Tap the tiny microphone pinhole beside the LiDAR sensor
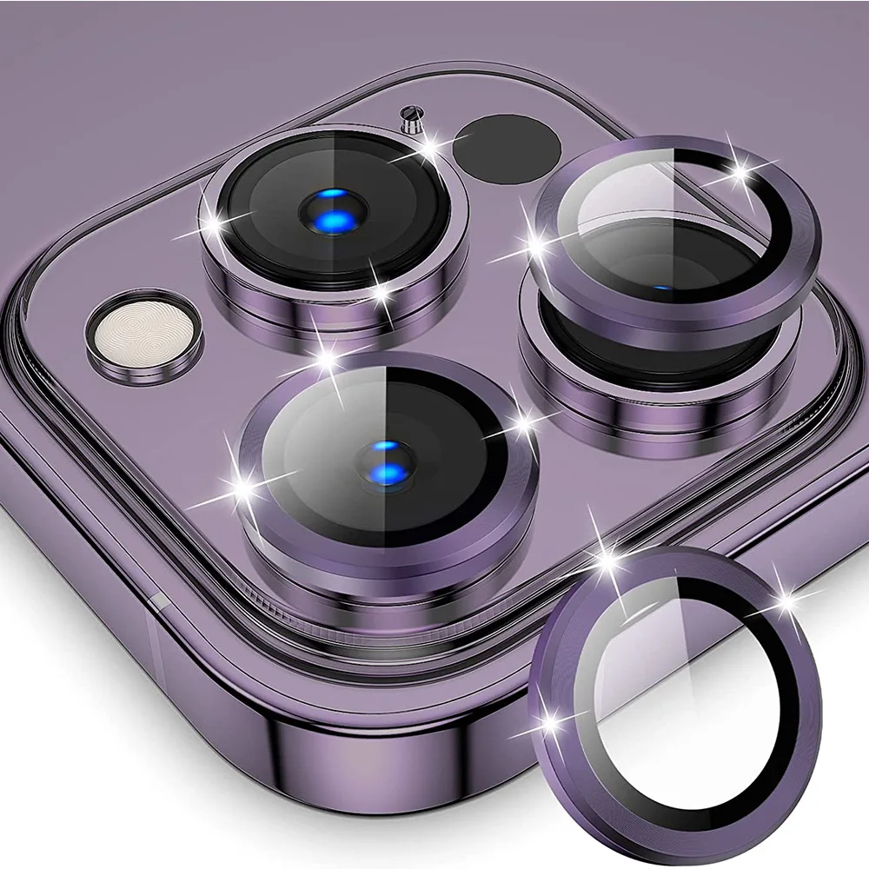(409, 116)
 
